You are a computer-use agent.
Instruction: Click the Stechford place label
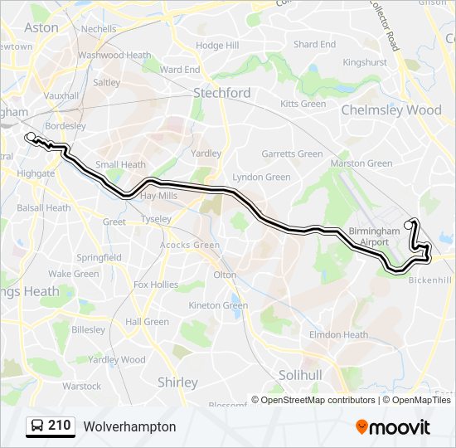[x=221, y=93]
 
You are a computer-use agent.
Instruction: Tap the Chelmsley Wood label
[x=391, y=110]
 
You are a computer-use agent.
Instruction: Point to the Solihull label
[x=299, y=375]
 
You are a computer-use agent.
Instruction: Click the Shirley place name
[x=177, y=382]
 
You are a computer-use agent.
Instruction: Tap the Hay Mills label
[x=158, y=196]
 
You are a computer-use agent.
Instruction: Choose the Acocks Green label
[x=190, y=245]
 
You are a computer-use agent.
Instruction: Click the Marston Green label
[x=361, y=163]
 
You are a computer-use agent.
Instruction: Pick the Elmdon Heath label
[x=338, y=335]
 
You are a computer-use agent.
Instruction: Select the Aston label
[x=41, y=27]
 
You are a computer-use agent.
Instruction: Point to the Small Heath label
[x=120, y=164]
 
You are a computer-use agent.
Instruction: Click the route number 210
[x=59, y=426]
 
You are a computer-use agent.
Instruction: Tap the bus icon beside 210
[x=37, y=426]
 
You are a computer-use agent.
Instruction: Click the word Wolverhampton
[x=129, y=426]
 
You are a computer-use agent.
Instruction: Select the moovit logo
[x=393, y=427]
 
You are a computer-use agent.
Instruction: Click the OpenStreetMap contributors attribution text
[x=318, y=400]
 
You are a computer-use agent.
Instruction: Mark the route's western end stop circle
[x=31, y=137]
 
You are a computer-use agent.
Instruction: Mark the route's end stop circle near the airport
[x=408, y=225]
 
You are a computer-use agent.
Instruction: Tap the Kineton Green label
[x=218, y=305]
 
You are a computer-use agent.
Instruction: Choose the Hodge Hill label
[x=217, y=46]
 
